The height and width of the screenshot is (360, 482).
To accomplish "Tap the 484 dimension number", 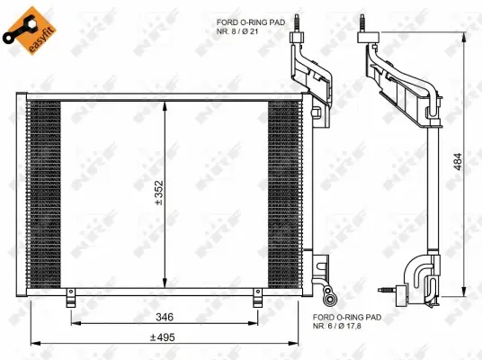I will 460,160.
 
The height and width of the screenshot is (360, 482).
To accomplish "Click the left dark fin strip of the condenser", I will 45,191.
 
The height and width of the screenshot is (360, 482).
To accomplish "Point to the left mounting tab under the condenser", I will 70,299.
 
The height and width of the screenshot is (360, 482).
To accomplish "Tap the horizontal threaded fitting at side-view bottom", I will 388,290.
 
